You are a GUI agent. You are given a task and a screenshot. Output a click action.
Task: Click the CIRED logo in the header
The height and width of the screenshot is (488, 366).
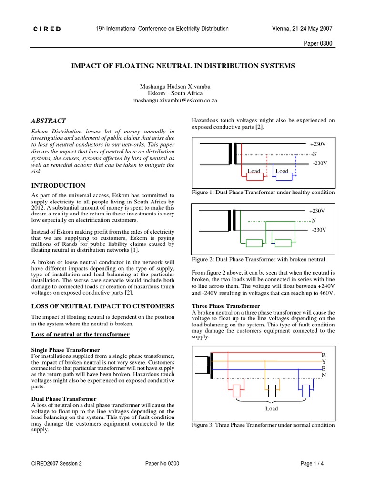tap(47, 29)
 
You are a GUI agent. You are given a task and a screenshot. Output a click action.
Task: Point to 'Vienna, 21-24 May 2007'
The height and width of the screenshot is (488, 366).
tap(302, 29)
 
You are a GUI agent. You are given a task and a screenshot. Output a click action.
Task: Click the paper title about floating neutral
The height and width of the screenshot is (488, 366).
tap(183, 65)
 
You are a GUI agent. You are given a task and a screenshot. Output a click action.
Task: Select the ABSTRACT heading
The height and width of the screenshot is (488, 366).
tap(49, 121)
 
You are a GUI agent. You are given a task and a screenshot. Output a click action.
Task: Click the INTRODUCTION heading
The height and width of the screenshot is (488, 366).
tap(58, 185)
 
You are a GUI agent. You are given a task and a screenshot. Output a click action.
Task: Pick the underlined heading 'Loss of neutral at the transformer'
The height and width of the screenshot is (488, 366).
tap(80, 335)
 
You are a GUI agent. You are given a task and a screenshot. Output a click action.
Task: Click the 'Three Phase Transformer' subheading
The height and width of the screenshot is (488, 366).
tap(226, 305)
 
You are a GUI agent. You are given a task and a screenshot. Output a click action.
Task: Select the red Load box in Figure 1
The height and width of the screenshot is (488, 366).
tap(255, 176)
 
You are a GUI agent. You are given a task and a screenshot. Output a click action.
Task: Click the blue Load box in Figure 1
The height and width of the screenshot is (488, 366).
tap(284, 176)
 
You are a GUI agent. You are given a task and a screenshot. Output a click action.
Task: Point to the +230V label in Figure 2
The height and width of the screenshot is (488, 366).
tap(317, 211)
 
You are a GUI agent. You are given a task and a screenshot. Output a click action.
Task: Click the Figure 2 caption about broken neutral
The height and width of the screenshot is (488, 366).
tap(258, 259)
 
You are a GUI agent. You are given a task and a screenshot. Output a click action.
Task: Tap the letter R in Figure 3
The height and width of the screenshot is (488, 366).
tap(324, 355)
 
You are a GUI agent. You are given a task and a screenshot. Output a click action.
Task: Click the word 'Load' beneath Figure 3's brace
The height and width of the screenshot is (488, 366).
tap(272, 408)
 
